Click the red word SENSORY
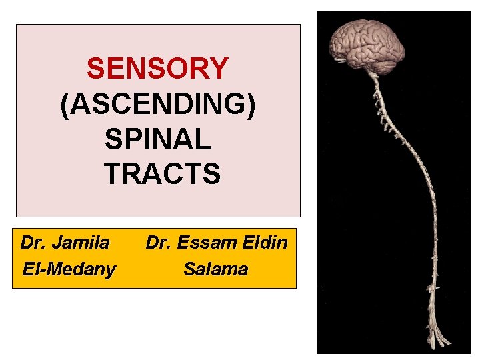tap(157, 68)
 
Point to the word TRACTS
tap(162, 174)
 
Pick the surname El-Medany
tap(68, 269)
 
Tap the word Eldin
tap(265, 243)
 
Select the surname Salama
tap(215, 269)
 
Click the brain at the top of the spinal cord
tap(368, 40)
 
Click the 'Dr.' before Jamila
tap(33, 243)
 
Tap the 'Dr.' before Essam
tap(158, 243)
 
